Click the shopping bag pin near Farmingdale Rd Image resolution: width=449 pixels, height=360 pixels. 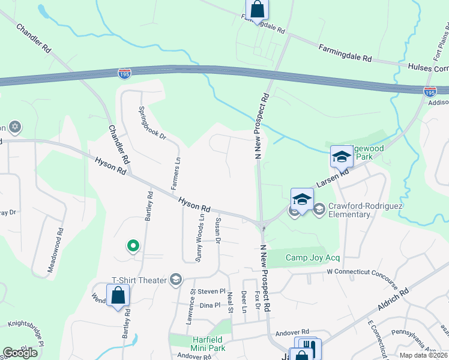(257, 10)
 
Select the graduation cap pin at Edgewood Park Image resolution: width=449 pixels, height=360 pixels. (342, 157)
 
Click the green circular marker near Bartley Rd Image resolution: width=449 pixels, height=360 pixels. (133, 245)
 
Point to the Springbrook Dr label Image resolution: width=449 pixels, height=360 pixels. (152, 123)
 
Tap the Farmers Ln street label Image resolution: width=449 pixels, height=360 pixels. (176, 173)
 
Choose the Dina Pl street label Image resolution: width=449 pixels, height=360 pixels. (210, 305)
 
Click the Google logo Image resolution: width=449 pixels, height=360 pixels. (20, 353)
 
